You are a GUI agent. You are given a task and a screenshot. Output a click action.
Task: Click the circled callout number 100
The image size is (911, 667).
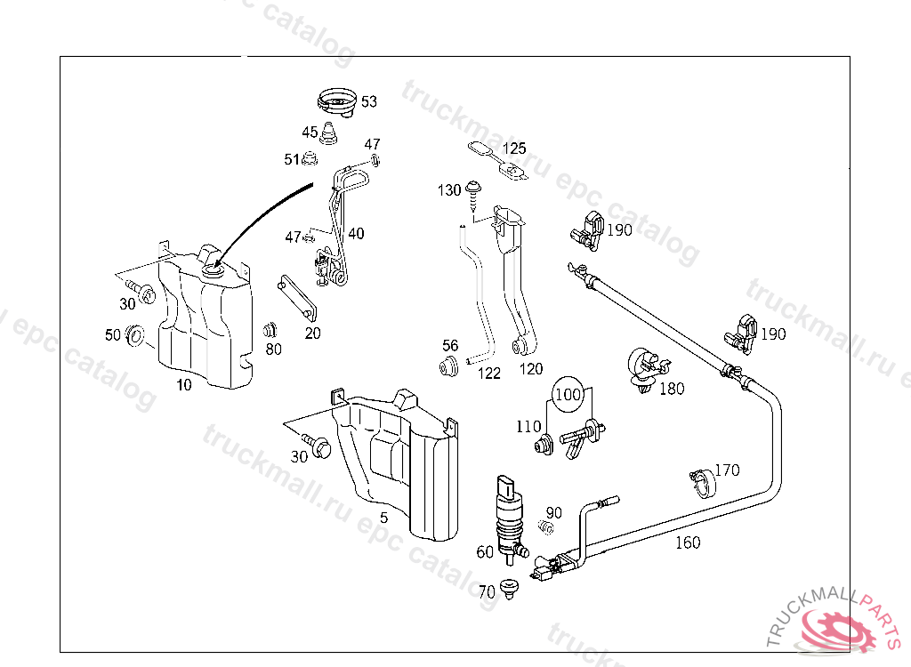[x=568, y=395]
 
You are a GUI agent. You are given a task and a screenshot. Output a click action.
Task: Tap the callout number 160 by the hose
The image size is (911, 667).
[x=688, y=542]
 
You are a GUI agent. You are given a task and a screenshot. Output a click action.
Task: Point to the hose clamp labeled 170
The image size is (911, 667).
[x=703, y=483]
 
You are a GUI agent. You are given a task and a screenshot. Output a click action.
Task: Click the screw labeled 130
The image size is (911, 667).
[x=474, y=196]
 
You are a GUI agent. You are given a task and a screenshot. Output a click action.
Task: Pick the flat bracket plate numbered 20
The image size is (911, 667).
[x=297, y=297]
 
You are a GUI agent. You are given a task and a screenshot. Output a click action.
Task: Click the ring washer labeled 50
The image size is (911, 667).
[x=136, y=335]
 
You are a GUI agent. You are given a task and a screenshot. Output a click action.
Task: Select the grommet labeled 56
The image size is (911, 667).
[x=448, y=366]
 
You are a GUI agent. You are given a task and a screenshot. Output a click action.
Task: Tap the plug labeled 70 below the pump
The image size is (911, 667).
[x=509, y=589]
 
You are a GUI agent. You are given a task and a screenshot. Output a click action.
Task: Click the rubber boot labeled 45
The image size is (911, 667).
[x=331, y=134]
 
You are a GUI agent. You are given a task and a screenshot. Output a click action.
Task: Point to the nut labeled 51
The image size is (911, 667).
[x=310, y=158]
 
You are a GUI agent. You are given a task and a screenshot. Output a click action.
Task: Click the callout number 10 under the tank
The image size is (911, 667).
[x=183, y=384]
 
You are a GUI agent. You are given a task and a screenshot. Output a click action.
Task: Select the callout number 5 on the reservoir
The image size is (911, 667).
[x=383, y=517]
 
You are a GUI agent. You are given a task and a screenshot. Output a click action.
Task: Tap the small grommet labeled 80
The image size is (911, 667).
[x=270, y=331]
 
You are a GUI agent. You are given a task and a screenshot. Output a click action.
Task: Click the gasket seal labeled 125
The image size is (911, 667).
[x=498, y=160]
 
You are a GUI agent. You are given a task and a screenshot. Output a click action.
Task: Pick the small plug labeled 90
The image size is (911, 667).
[x=545, y=527]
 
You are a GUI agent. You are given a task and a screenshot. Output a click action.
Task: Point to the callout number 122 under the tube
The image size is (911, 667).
[x=489, y=374]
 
